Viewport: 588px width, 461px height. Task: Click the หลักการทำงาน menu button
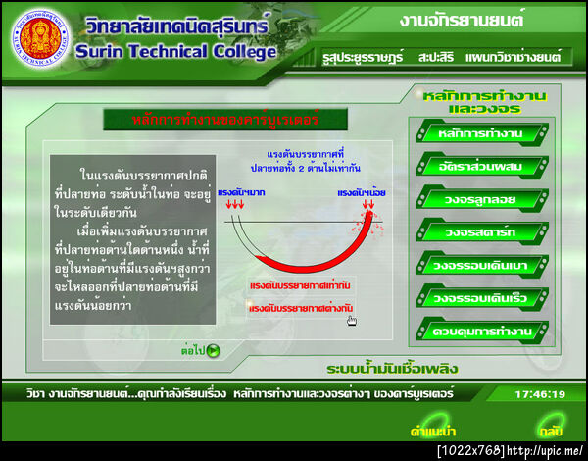(x=481, y=132)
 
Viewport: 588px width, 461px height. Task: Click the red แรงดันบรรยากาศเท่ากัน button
(x=301, y=285)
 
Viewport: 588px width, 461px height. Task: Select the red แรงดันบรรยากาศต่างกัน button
(x=301, y=308)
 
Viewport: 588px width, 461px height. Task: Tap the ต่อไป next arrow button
(x=200, y=349)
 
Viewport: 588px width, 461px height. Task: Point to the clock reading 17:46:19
(x=540, y=394)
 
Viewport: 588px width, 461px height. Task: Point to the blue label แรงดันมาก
(x=236, y=192)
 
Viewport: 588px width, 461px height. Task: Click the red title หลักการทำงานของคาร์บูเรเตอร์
(x=226, y=121)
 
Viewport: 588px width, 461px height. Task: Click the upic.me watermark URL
(x=545, y=450)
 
